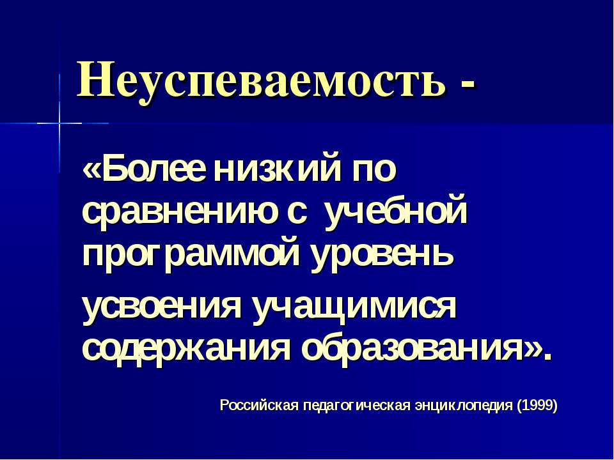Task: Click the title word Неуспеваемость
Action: (261, 80)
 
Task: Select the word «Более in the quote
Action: (144, 169)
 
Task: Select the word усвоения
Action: (162, 307)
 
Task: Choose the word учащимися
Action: (354, 307)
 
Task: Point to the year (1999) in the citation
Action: (537, 406)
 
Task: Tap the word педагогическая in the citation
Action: (356, 406)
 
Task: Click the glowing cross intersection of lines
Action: (59, 123)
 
